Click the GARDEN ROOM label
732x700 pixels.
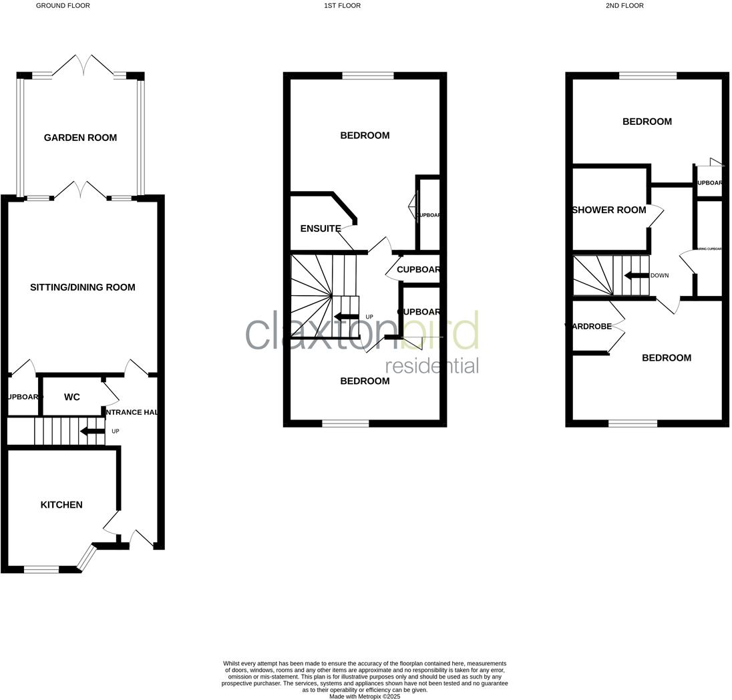[x=80, y=138]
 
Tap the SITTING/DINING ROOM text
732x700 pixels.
[x=83, y=287]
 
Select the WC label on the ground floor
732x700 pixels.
[x=72, y=397]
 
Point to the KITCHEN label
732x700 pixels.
[x=61, y=505]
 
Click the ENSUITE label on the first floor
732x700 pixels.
[x=321, y=228]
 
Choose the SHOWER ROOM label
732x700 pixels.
[x=609, y=210]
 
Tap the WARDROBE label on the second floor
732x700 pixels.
[x=589, y=327]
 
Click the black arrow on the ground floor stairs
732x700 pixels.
[x=91, y=431]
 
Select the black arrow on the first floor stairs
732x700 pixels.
[x=346, y=317]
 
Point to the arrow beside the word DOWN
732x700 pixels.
[x=636, y=275]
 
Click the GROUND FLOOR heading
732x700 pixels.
[x=63, y=5]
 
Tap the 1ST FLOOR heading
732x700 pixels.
[x=342, y=5]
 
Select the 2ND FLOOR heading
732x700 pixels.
[x=624, y=5]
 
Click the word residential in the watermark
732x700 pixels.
[x=432, y=366]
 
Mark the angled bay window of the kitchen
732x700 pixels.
[x=86, y=558]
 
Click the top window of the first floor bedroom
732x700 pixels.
[x=368, y=76]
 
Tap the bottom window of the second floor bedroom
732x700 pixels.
[x=632, y=423]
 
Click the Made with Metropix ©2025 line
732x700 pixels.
[x=365, y=696]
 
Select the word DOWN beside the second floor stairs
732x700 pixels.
[x=659, y=275]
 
